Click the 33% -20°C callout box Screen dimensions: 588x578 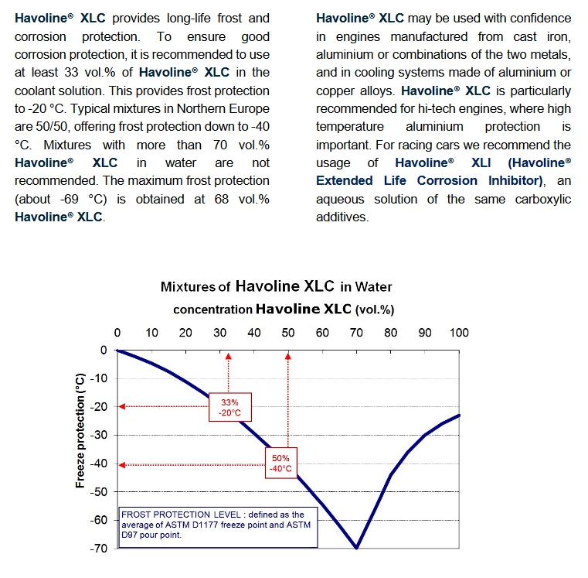pyautogui.click(x=230, y=407)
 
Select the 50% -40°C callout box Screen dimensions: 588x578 pyautogui.click(x=281, y=463)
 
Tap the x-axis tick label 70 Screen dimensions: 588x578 pyautogui.click(x=356, y=333)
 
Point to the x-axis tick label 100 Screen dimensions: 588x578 pyautogui.click(x=459, y=333)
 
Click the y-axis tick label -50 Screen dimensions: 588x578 pyautogui.click(x=99, y=491)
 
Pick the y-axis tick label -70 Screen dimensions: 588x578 pyautogui.click(x=99, y=549)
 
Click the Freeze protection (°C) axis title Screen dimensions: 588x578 pyautogui.click(x=80, y=430)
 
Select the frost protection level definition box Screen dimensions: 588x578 pyautogui.click(x=218, y=528)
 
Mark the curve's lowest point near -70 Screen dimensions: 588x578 pyautogui.click(x=356, y=548)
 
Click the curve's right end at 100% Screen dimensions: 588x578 pyautogui.click(x=459, y=416)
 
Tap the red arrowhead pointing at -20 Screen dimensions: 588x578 pyautogui.click(x=122, y=406)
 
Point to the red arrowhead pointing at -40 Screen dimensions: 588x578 pyautogui.click(x=122, y=465)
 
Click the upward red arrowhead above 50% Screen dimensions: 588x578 pyautogui.click(x=288, y=357)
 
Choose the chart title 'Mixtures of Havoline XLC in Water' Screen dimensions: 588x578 pyautogui.click(x=277, y=286)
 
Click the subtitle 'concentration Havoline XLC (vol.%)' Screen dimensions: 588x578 pyautogui.click(x=284, y=310)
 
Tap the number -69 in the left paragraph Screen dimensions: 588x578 pyautogui.click(x=70, y=199)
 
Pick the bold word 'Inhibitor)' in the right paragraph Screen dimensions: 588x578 pyautogui.click(x=516, y=180)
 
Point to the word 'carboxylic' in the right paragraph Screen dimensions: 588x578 pyautogui.click(x=543, y=199)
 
